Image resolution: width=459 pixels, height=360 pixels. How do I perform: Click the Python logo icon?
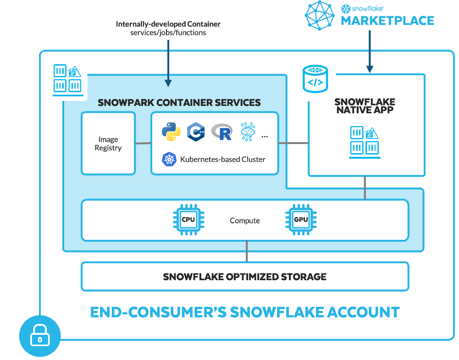coord(171,132)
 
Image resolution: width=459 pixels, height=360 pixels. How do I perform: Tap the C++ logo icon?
coord(196,132)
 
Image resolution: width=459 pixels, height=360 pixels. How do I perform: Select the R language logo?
coord(222,132)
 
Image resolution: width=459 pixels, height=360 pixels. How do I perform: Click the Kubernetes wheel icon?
coord(169,159)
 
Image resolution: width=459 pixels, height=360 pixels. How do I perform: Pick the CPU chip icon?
coord(188,220)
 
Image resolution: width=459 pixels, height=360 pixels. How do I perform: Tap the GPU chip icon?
coord(301,220)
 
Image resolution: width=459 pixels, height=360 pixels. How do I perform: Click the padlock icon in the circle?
coord(40,338)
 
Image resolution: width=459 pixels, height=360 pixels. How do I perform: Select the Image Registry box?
coord(108,144)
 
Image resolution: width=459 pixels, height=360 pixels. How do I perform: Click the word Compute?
coord(244,221)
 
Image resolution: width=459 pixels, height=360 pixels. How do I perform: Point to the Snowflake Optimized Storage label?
coord(244,277)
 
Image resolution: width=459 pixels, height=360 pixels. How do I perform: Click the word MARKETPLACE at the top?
coord(387,21)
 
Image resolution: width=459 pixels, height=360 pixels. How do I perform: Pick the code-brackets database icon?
coord(315,79)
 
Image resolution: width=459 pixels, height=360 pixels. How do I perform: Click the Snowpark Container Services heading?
coord(179,102)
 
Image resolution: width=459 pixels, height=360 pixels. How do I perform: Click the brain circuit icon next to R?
coord(248,131)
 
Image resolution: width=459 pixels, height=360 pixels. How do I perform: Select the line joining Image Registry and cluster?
coord(143,144)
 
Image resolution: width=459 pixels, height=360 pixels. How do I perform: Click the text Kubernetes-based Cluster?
coord(223,160)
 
